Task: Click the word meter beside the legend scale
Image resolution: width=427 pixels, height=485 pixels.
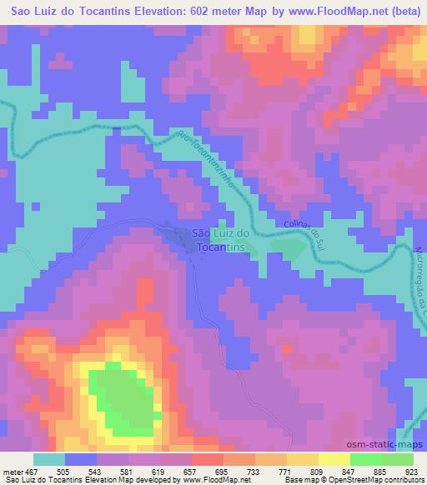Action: [x=12, y=472]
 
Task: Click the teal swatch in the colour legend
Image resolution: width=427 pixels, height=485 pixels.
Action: [x=49, y=459]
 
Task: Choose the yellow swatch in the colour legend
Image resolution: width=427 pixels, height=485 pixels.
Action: [x=334, y=459]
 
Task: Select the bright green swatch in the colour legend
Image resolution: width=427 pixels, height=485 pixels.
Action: [x=366, y=459]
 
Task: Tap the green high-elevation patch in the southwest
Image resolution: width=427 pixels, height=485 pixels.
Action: [x=125, y=400]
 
